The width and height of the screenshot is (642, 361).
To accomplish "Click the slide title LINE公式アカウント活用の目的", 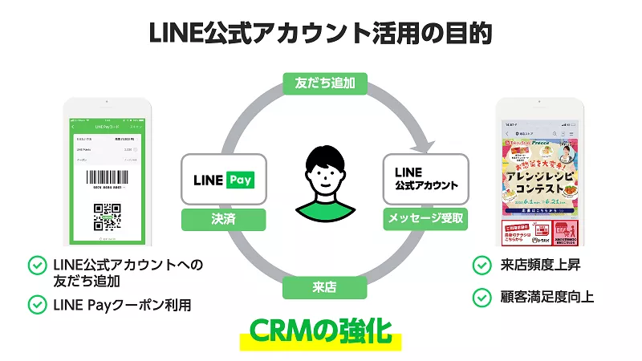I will pos(320,34).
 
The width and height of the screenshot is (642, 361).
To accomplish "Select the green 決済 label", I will pos(223,217).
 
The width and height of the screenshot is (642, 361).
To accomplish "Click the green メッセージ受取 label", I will pos(425,217).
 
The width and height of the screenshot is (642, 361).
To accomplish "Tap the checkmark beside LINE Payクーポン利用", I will pos(37,305).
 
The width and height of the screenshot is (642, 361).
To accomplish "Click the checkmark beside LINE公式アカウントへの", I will pos(37,265).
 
